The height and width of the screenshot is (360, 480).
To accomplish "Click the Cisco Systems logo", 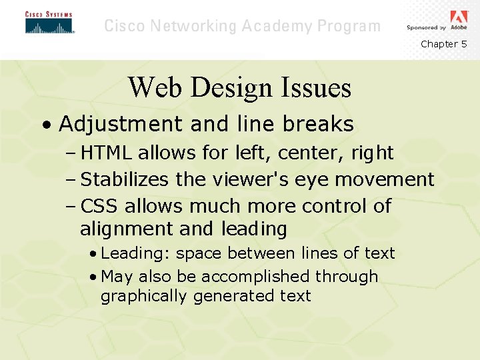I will pyautogui.click(x=49, y=23).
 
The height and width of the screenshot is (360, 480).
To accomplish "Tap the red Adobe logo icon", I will pyautogui.click(x=459, y=17).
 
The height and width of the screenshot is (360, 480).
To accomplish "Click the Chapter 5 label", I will pyautogui.click(x=443, y=44).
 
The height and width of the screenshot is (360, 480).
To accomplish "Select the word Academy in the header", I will pyautogui.click(x=276, y=27).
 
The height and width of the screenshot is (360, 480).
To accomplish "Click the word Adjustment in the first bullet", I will pyautogui.click(x=120, y=124).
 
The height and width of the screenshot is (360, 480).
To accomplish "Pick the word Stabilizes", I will pyautogui.click(x=125, y=179).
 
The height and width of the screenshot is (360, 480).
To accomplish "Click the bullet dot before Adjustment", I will pyautogui.click(x=43, y=125).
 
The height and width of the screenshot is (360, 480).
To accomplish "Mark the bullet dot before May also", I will pyautogui.click(x=93, y=277).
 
